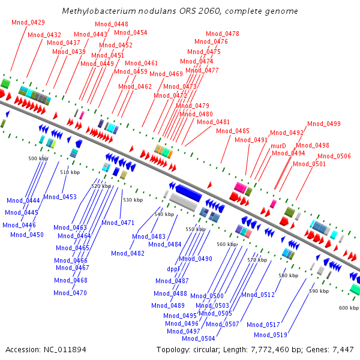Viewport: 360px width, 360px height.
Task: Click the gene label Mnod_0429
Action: (28, 22)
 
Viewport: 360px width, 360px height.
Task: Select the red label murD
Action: (278, 146)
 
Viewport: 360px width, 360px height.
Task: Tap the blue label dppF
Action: (173, 269)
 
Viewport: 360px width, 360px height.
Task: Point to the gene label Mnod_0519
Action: (270, 335)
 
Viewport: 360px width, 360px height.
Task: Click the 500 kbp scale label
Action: (38, 158)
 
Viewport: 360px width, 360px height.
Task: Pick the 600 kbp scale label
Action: (349, 308)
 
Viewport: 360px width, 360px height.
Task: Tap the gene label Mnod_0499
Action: (324, 124)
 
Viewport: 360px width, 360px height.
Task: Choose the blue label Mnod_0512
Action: (257, 295)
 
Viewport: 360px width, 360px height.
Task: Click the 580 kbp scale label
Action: (288, 275)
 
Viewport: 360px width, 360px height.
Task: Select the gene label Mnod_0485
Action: (233, 131)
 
